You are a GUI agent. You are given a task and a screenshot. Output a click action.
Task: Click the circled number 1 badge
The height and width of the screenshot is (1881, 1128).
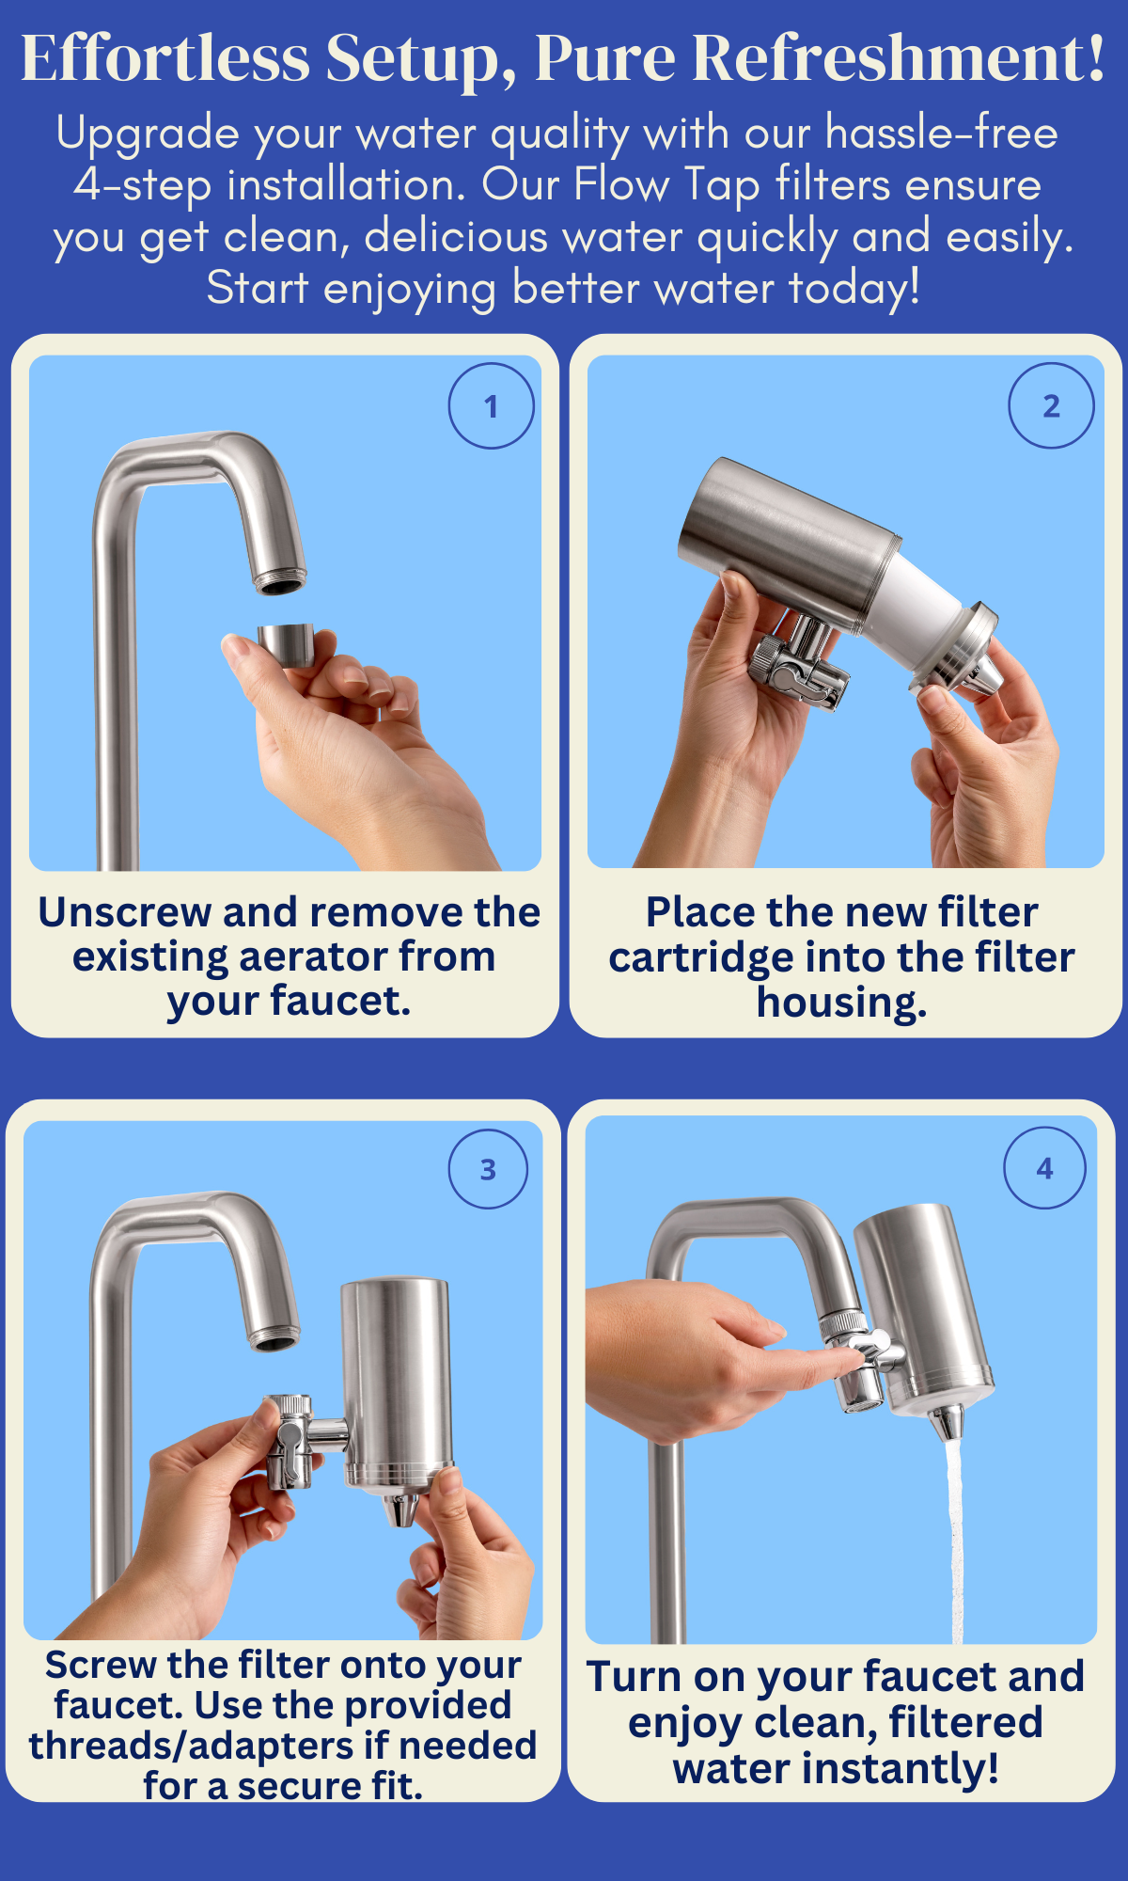pyautogui.click(x=491, y=405)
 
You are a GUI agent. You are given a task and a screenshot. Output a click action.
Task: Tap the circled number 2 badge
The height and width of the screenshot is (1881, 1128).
pyautogui.click(x=1051, y=405)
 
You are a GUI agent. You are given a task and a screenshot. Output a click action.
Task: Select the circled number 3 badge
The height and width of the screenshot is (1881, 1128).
pyautogui.click(x=488, y=1169)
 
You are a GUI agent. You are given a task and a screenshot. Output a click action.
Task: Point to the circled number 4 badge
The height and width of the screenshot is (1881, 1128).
pyautogui.click(x=1044, y=1168)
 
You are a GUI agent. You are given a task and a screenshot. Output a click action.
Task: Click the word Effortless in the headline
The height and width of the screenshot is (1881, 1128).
pyautogui.click(x=165, y=58)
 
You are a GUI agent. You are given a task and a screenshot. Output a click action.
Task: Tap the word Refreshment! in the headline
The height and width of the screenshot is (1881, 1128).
pyautogui.click(x=899, y=58)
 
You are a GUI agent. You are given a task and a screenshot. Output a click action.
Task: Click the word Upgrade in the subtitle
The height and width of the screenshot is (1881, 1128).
pyautogui.click(x=147, y=134)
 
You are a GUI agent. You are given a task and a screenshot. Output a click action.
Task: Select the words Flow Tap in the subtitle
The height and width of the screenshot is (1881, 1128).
pyautogui.click(x=666, y=184)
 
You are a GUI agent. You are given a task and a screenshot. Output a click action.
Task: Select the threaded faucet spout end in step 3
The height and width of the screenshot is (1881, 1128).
pyautogui.click(x=274, y=1337)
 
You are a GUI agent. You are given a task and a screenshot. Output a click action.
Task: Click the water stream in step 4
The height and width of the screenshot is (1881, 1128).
pyautogui.click(x=955, y=1542)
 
